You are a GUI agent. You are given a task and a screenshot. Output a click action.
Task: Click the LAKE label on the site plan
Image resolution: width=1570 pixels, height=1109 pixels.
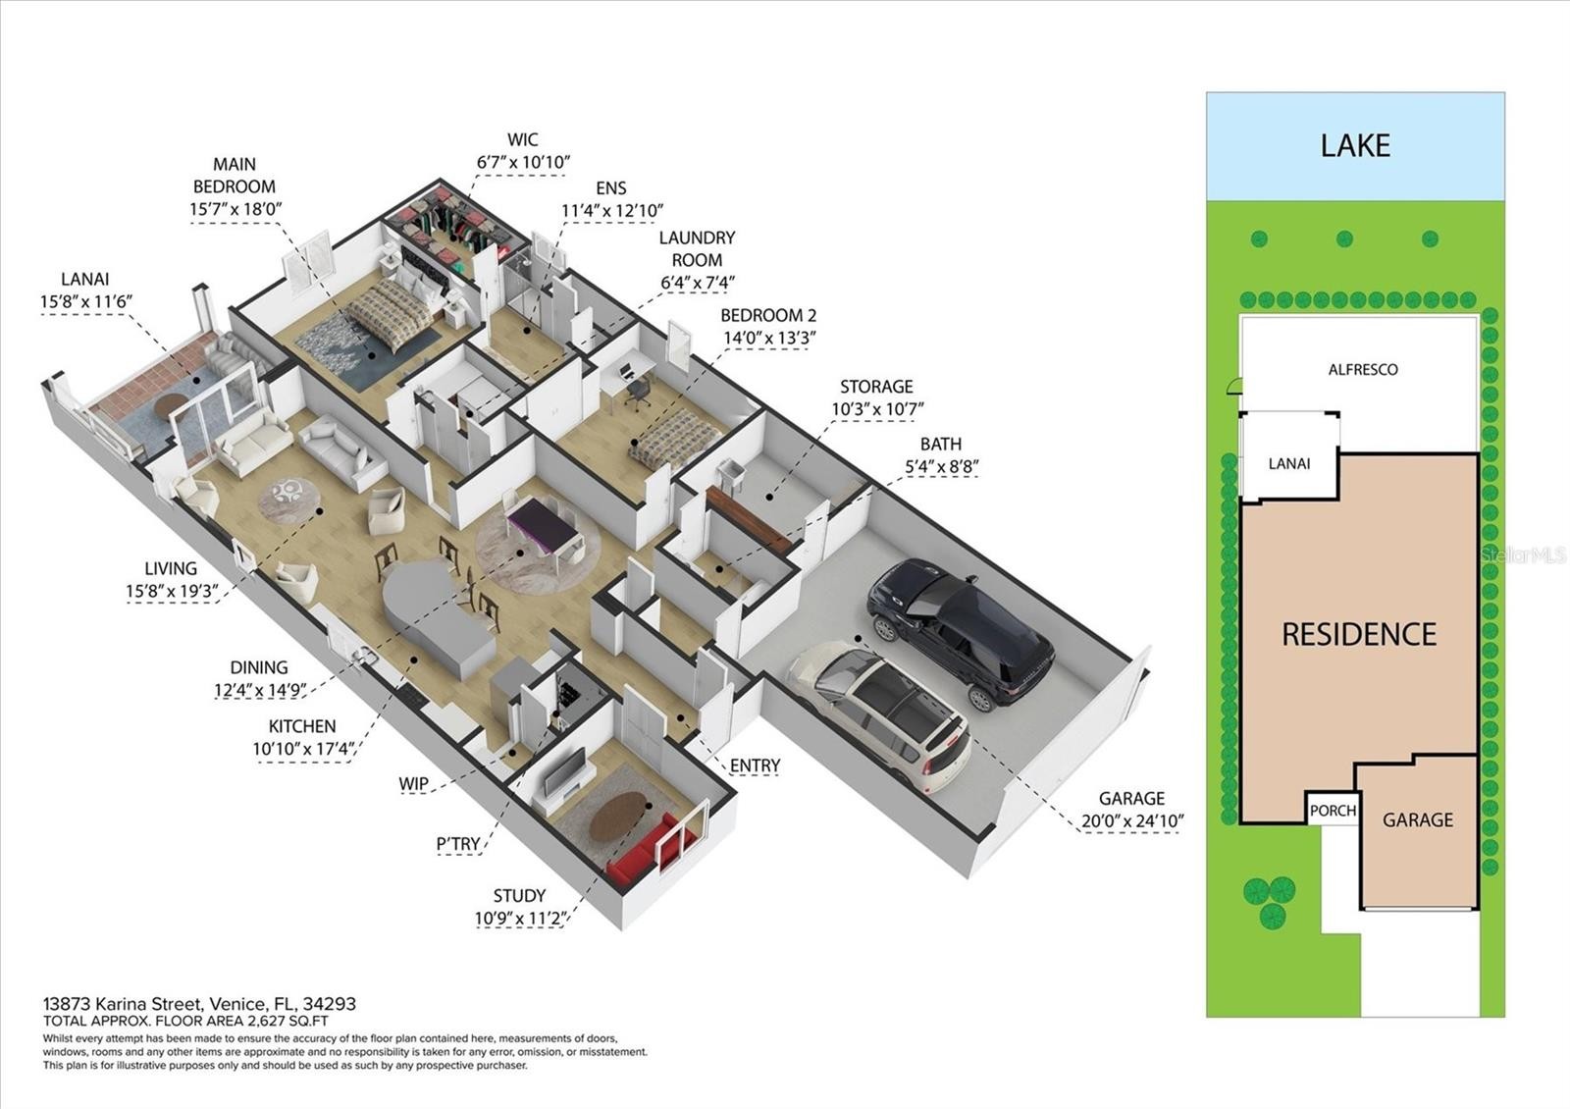click(1355, 146)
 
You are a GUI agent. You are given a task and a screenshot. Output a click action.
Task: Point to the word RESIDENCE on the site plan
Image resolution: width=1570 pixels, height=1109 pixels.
click(1359, 634)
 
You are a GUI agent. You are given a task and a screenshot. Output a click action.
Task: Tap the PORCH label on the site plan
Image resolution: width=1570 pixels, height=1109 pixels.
click(1333, 811)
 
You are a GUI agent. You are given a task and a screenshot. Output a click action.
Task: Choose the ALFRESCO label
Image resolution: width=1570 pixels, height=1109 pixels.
click(1363, 369)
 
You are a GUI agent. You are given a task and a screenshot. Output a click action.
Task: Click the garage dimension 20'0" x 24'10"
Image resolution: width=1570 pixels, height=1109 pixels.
click(1132, 820)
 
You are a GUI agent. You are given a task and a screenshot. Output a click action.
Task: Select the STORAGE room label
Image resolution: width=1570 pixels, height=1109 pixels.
click(876, 387)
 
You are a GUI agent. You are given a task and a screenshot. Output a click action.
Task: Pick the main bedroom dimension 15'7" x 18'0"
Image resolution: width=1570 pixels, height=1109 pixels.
click(235, 209)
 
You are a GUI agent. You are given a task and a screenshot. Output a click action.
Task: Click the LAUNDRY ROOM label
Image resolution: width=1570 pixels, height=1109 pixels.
click(697, 249)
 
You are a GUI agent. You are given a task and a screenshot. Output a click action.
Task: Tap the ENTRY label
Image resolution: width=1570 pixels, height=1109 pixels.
click(755, 766)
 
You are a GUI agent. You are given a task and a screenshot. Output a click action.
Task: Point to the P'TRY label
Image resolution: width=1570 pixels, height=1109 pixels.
click(458, 844)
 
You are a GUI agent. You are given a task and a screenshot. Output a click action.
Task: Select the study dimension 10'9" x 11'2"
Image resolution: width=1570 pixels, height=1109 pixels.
click(519, 919)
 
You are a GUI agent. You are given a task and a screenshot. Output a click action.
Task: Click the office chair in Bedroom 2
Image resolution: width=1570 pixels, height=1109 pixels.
click(638, 394)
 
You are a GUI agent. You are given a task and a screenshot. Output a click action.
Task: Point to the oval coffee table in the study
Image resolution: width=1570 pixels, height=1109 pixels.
click(617, 816)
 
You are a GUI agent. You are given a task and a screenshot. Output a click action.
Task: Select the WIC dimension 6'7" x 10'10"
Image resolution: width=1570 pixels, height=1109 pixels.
click(523, 163)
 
